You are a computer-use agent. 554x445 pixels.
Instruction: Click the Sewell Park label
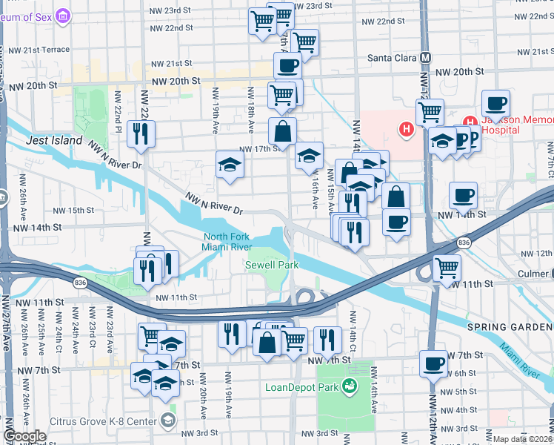tap(272, 265)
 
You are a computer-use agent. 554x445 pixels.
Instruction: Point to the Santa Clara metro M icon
tap(425, 57)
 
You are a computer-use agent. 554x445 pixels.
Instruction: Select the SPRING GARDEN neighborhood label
tap(510, 326)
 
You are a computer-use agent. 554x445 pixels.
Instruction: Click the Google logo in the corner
tap(24, 436)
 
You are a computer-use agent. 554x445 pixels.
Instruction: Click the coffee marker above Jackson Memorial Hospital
tap(495, 104)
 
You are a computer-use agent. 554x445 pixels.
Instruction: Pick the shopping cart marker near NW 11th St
tap(447, 268)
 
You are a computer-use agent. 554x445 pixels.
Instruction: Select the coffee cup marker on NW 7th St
tap(433, 364)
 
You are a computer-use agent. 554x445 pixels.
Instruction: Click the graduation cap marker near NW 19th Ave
tap(230, 165)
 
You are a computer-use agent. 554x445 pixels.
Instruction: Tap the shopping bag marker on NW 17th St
tap(282, 132)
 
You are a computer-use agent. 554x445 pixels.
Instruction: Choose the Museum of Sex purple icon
tap(63, 16)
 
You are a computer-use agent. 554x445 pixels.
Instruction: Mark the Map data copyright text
tap(522, 439)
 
